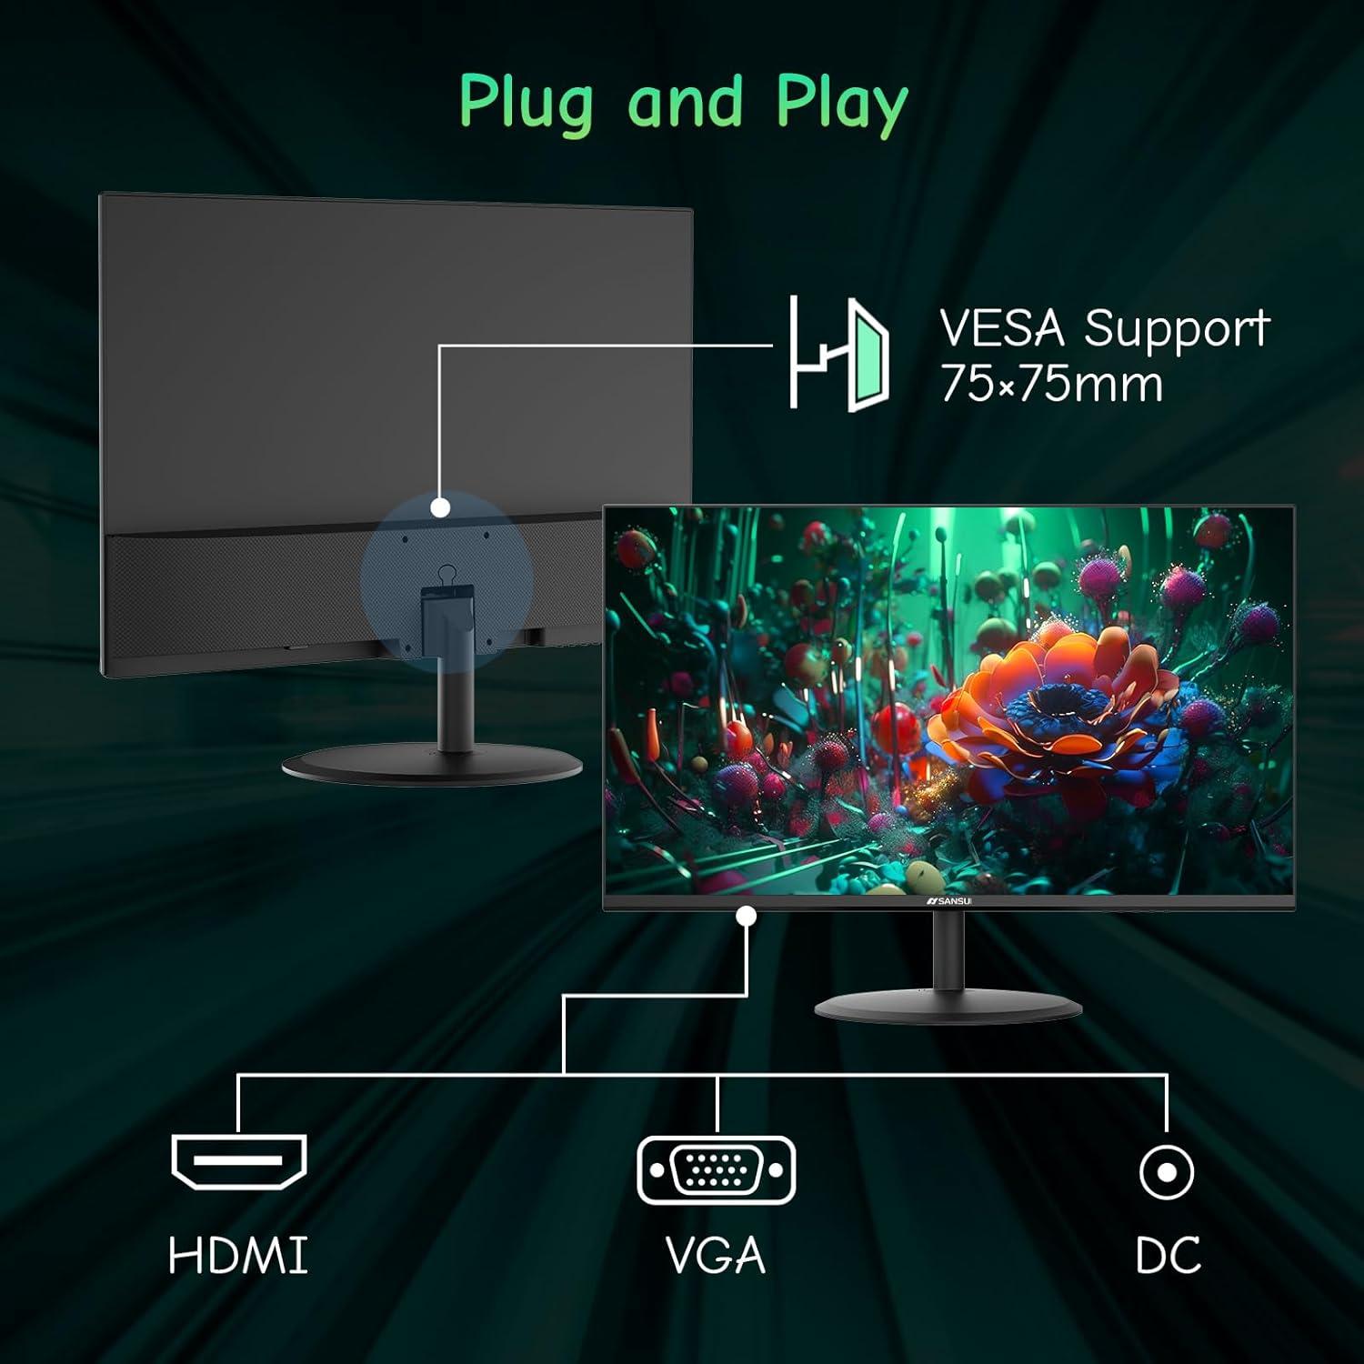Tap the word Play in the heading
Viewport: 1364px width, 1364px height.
(841, 103)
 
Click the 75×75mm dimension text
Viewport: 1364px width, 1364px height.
(1052, 384)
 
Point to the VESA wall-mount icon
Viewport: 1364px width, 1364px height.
(838, 353)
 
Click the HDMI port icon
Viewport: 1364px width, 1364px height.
(239, 1161)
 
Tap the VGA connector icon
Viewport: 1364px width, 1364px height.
(716, 1170)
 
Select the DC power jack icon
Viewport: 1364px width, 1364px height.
(1167, 1171)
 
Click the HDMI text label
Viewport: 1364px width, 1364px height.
(238, 1255)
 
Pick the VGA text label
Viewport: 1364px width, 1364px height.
(716, 1255)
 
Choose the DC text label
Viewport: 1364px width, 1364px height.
(1168, 1255)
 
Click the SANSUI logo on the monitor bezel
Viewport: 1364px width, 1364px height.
(949, 901)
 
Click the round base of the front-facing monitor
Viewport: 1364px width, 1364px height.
(948, 1006)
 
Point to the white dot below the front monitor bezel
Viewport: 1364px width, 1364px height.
(747, 917)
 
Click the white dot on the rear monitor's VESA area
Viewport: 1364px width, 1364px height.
(440, 507)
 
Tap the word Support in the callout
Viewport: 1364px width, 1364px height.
(1177, 330)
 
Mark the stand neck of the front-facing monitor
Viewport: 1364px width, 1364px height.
(948, 950)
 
